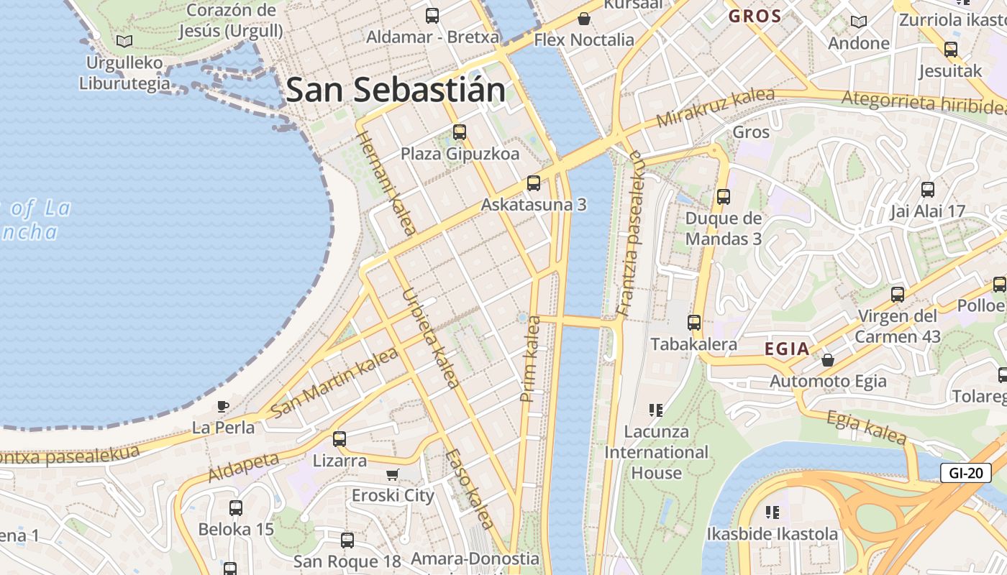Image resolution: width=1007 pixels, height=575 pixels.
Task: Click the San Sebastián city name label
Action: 396,91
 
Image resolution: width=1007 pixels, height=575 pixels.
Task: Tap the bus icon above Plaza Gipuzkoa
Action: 460,132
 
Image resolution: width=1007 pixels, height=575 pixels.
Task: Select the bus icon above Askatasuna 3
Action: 533,183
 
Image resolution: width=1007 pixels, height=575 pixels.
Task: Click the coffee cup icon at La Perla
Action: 223,406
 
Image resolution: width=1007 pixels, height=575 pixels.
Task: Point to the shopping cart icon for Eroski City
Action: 392,474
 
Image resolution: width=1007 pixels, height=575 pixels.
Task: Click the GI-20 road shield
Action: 965,473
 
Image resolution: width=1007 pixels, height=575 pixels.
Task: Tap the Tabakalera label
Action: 693,344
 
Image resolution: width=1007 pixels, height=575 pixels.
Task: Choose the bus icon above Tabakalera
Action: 694,323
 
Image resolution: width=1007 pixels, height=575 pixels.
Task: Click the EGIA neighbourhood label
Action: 787,349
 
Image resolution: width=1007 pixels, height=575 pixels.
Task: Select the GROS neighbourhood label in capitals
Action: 755,16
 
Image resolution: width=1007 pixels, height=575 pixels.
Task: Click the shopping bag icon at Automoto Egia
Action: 828,359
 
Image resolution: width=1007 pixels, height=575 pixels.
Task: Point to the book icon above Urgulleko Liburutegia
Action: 124,41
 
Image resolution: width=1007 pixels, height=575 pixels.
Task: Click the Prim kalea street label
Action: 530,358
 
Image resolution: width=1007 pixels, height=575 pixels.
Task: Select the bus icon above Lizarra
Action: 340,438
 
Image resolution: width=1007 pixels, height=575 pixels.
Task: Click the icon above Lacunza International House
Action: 655,410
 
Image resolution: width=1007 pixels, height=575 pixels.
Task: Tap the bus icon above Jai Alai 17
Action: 928,190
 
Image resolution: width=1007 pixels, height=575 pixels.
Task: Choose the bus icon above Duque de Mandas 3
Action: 724,196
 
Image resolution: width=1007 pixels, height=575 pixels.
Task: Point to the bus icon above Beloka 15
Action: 236,507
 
